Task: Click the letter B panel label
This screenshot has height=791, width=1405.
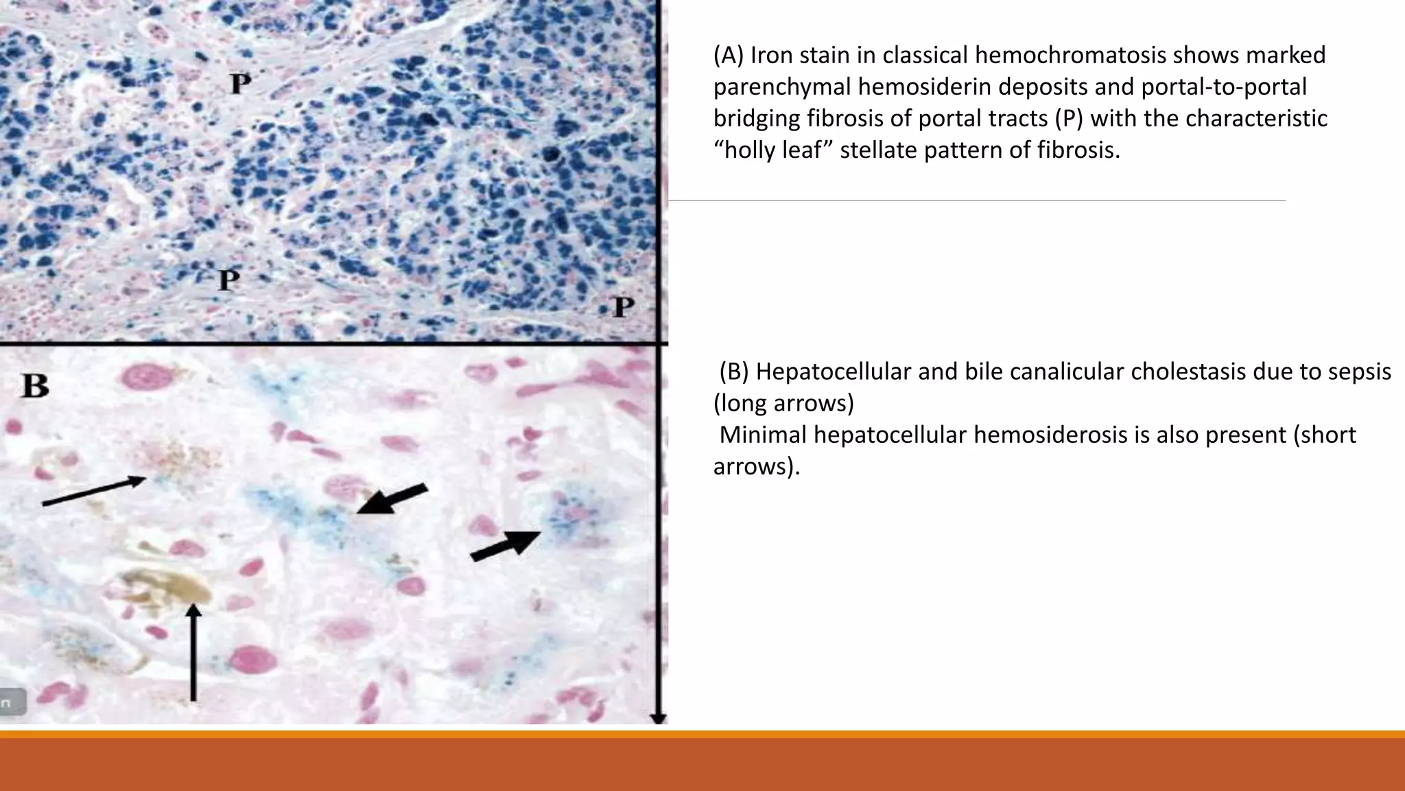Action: point(36,385)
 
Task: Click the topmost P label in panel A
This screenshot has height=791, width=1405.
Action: point(240,84)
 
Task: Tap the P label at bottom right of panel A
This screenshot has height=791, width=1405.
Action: point(622,306)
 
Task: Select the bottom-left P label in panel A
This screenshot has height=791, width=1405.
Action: point(228,280)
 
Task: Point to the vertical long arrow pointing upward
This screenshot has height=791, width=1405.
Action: point(193,652)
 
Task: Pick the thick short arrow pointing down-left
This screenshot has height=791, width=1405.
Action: point(392,499)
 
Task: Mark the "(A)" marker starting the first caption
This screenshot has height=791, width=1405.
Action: point(729,55)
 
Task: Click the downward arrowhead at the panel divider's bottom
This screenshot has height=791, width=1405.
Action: point(659,718)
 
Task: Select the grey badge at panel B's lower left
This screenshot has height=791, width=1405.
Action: point(12,702)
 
